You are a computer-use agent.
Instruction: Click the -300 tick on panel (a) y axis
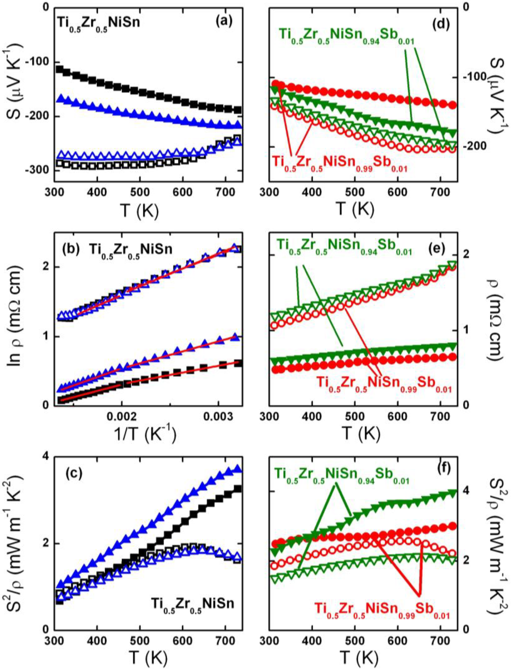[x=36, y=170]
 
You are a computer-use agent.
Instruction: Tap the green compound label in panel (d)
[x=346, y=37]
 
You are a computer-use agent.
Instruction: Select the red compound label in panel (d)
[x=339, y=163]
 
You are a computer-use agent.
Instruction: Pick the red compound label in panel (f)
[x=382, y=610]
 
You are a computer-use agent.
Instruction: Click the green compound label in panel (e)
[x=344, y=246]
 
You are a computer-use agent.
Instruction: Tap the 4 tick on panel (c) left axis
[x=45, y=456]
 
